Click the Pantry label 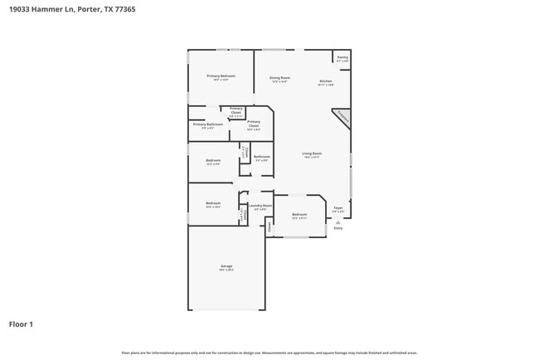[x=342, y=58]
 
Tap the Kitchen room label [x=326, y=82]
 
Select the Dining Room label [x=279, y=79]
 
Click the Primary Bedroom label [x=221, y=77]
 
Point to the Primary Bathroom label [x=207, y=125]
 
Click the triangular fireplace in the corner [x=342, y=119]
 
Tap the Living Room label [x=312, y=155]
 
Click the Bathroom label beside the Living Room [x=261, y=158]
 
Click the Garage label [x=226, y=267]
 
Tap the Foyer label [x=337, y=209]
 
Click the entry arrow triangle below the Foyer [x=337, y=221]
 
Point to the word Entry [x=337, y=228]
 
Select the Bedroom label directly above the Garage [x=213, y=204]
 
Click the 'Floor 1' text [x=21, y=324]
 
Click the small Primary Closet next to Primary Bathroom [x=236, y=111]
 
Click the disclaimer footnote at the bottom [x=269, y=353]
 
